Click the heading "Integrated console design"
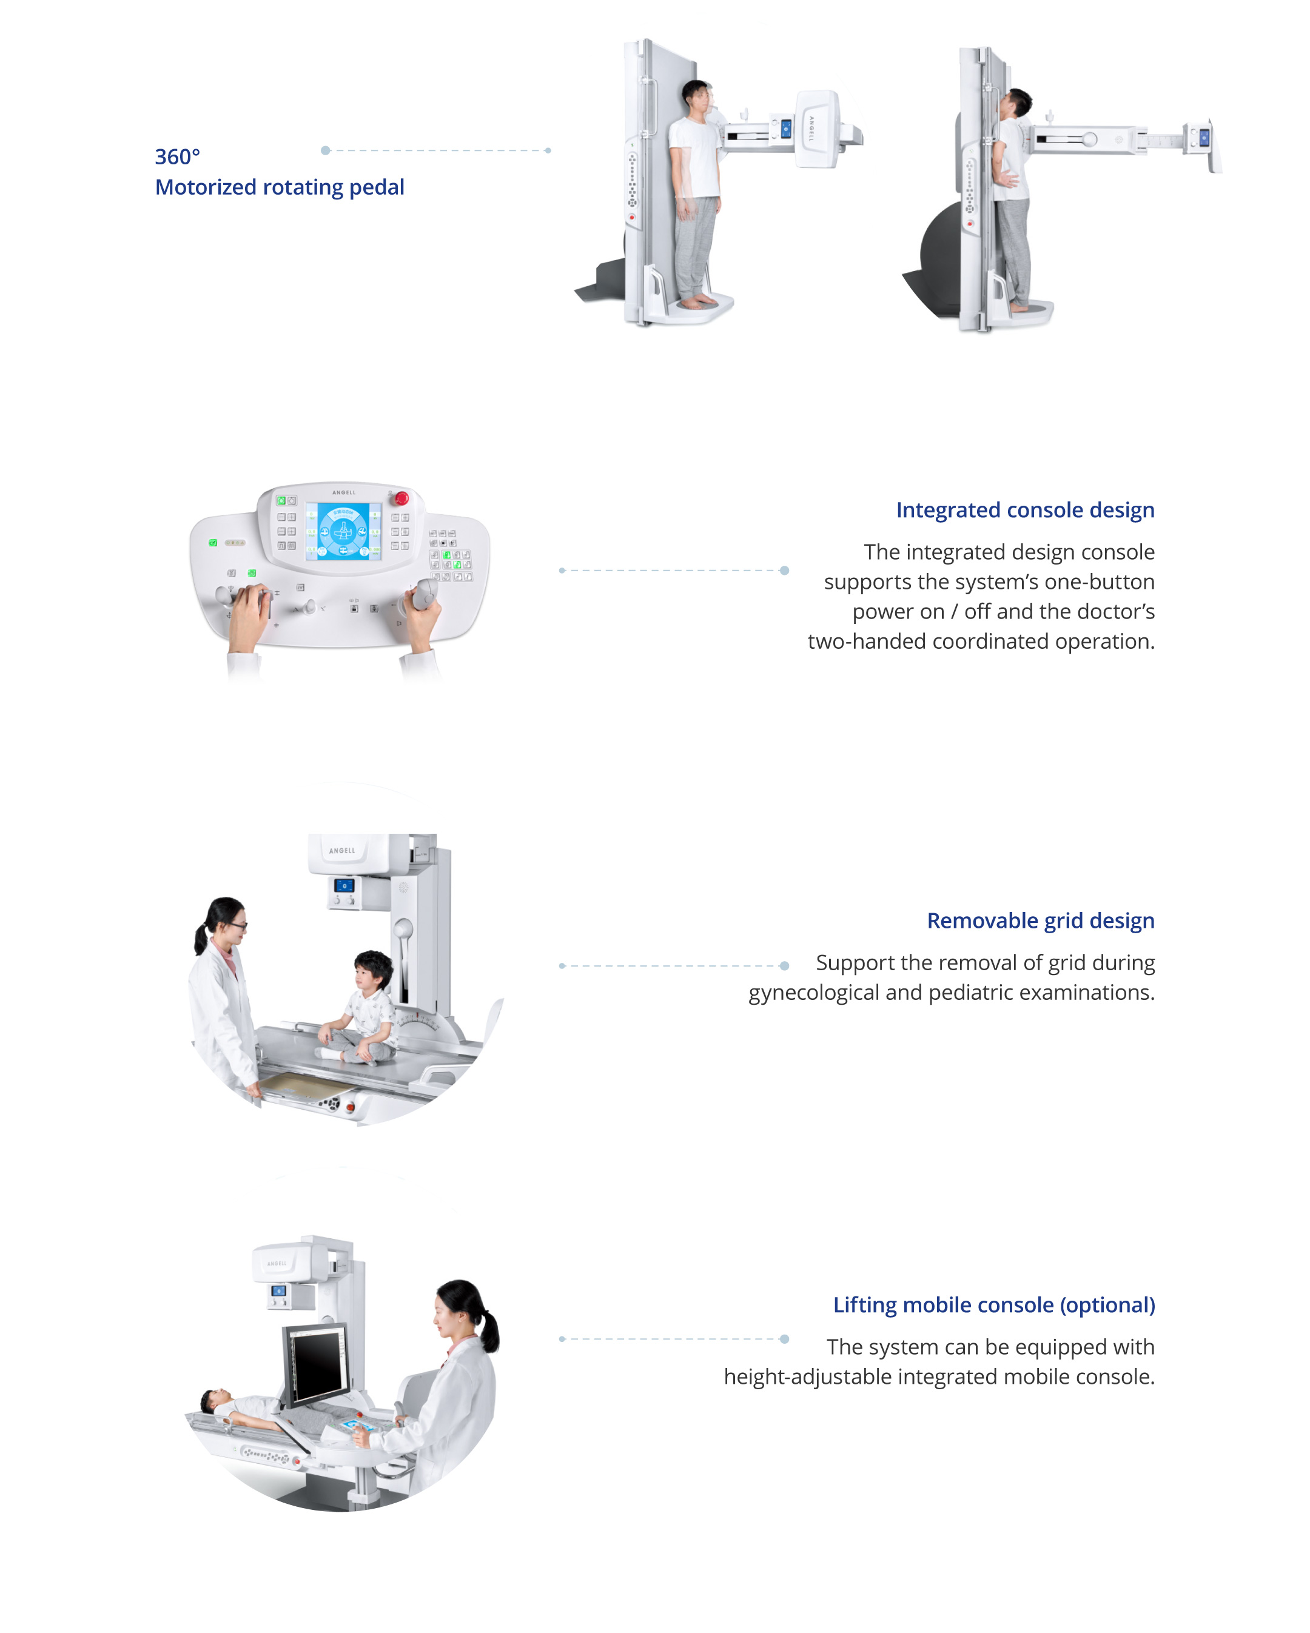[1024, 510]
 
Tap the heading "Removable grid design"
[1040, 920]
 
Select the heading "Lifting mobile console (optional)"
[993, 1304]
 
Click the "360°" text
[177, 157]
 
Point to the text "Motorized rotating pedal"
[280, 187]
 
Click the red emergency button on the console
[401, 498]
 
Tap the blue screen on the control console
[343, 531]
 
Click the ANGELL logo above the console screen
[343, 493]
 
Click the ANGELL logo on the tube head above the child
[343, 851]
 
